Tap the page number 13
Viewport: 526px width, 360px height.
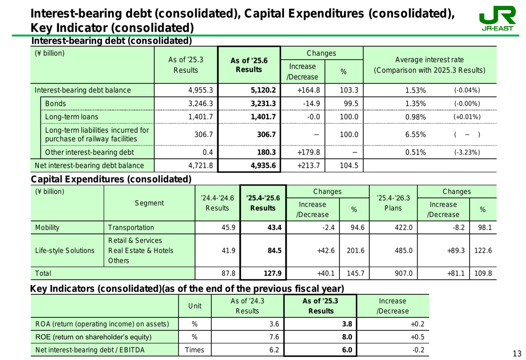coord(518,353)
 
